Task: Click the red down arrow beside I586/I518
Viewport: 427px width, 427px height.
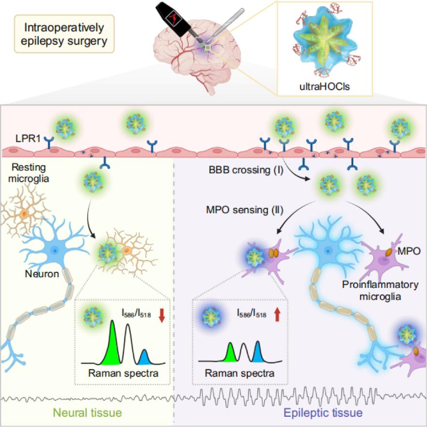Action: click(161, 315)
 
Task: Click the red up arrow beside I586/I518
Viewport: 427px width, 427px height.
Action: click(278, 315)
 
